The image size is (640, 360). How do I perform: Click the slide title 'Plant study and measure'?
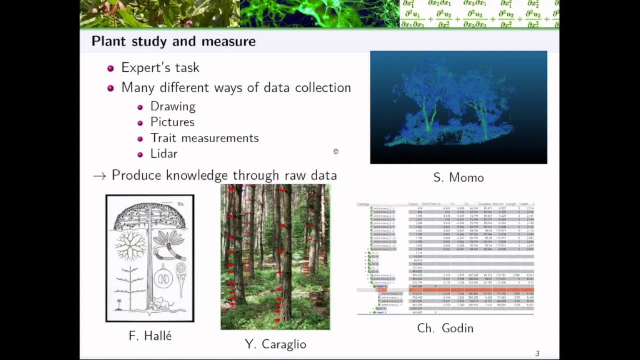pyautogui.click(x=173, y=41)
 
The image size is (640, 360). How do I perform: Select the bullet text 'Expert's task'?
pyautogui.click(x=160, y=68)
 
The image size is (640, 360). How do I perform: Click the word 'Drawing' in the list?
pyautogui.click(x=173, y=106)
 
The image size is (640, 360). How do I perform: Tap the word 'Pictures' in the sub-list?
pyautogui.click(x=172, y=122)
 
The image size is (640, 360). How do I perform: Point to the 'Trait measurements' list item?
pyautogui.click(x=204, y=138)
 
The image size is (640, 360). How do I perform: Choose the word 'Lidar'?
pyautogui.click(x=164, y=154)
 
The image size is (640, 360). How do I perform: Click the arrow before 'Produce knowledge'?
pyautogui.click(x=99, y=176)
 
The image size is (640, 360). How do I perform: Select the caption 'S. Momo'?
pyautogui.click(x=458, y=178)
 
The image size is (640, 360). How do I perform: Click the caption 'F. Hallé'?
pyautogui.click(x=150, y=336)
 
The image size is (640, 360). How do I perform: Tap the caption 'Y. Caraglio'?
pyautogui.click(x=275, y=344)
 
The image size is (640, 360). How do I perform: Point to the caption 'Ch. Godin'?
pyautogui.click(x=445, y=328)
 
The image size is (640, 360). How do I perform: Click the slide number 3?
pyautogui.click(x=537, y=354)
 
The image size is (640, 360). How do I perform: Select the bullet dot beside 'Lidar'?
pyautogui.click(x=140, y=154)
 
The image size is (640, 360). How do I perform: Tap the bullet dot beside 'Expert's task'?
pyautogui.click(x=111, y=68)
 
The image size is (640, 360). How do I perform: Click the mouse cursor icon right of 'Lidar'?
pyautogui.click(x=336, y=151)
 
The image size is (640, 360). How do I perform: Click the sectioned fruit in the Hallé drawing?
pyautogui.click(x=163, y=278)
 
